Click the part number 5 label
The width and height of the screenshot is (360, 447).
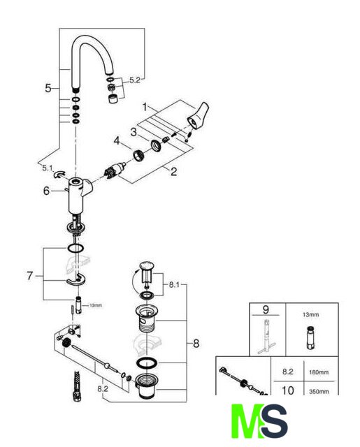pyautogui.click(x=48, y=88)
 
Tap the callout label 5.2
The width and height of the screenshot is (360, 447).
pyautogui.click(x=135, y=80)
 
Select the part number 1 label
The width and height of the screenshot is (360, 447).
pyautogui.click(x=145, y=107)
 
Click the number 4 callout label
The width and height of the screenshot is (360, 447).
pyautogui.click(x=117, y=140)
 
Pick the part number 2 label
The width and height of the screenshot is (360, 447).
pyautogui.click(x=173, y=172)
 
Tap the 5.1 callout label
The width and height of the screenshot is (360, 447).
pyautogui.click(x=48, y=168)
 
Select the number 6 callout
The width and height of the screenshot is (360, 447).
pyautogui.click(x=47, y=191)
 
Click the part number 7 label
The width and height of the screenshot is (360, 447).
pyautogui.click(x=30, y=276)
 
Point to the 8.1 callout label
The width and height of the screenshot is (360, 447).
pyautogui.click(x=174, y=284)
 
